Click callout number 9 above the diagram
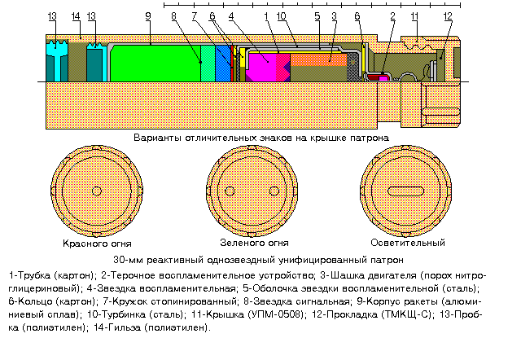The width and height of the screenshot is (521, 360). pos(147,15)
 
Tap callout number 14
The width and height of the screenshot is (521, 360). pos(75,15)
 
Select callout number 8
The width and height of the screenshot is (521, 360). pos(174,15)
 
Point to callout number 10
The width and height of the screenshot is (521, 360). pos(280,15)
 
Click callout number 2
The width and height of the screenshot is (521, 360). pos(393,15)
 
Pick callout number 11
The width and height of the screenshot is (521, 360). pos(415,15)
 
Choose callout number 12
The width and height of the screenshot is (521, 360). pos(449,15)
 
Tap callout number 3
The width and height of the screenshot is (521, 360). pos(334,15)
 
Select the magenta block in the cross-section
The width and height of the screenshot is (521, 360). pos(262,67)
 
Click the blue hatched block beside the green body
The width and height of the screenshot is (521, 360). pos(222,63)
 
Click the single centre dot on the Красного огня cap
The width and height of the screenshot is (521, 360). pos(96,191)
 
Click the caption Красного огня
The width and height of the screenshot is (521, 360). pos(97,243)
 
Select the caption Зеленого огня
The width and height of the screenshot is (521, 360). pos(254,243)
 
